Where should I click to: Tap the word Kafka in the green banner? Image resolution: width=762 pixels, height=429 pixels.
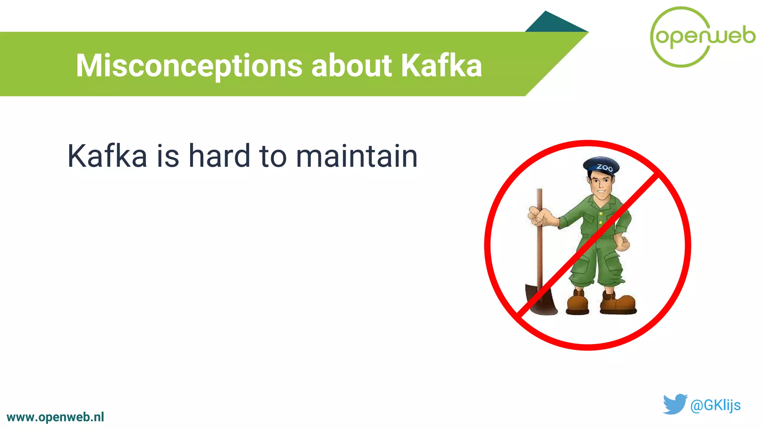[x=441, y=66]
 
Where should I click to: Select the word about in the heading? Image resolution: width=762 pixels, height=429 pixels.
[x=351, y=66]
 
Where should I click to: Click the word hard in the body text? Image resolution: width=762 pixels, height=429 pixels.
[x=219, y=156]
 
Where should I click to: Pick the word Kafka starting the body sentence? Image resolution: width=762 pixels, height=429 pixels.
[x=107, y=156]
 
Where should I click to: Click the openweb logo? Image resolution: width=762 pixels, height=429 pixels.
[x=702, y=36]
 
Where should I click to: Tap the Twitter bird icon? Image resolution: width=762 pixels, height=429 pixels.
[x=675, y=404]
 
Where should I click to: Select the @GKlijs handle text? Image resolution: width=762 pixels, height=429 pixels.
[x=715, y=405]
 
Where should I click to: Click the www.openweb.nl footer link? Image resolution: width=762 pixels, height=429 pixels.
[x=55, y=417]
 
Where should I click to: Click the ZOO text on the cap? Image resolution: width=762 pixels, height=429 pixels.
[x=605, y=168]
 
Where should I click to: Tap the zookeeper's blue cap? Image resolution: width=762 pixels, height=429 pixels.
[x=601, y=166]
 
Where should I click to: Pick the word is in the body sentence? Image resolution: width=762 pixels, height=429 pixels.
[x=168, y=156]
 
